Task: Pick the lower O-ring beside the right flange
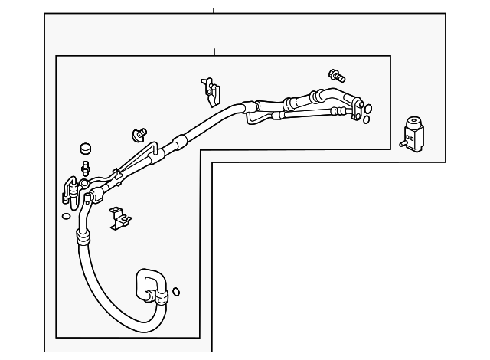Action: point(366,119)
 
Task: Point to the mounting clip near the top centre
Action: point(208,89)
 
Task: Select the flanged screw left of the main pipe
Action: point(139,134)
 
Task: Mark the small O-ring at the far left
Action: point(65,215)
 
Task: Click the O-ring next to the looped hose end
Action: point(177,291)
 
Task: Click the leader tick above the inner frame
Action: point(214,51)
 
